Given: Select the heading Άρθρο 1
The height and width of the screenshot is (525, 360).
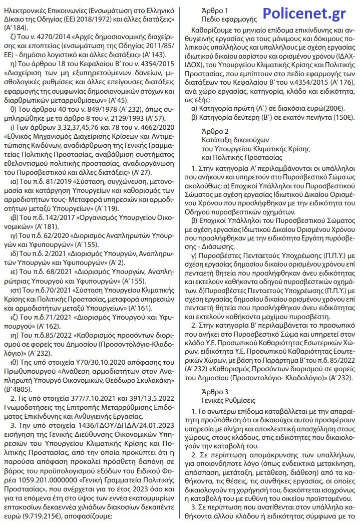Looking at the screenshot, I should click(215, 10).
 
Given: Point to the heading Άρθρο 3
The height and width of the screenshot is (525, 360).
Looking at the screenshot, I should click(215, 392).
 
